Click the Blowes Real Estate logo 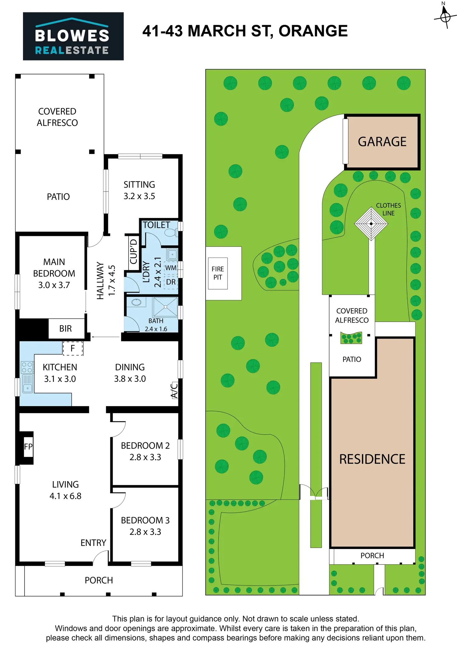click(74, 36)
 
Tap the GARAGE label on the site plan click(382, 142)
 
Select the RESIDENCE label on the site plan click(372, 459)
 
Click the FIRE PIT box click(218, 273)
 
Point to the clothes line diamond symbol click(371, 223)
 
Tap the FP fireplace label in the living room click(28, 447)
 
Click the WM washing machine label click(171, 268)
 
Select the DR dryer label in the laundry click(171, 282)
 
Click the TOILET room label click(156, 225)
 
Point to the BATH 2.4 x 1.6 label click(156, 325)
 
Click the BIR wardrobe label click(66, 328)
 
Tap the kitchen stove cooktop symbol click(27, 367)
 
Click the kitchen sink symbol click(27, 383)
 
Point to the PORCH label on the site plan click(372, 556)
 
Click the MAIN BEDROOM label click(54, 273)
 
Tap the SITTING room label click(139, 190)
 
